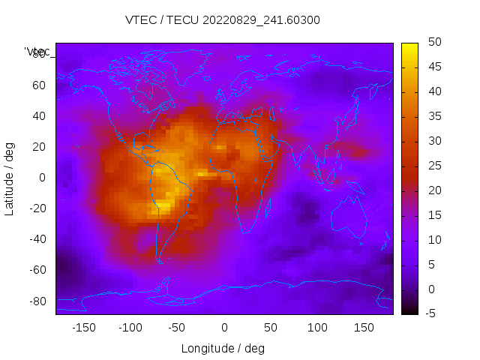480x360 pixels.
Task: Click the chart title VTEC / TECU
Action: (x=223, y=20)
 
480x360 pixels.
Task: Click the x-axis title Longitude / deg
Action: (x=223, y=349)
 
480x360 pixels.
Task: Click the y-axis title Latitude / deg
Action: (x=10, y=178)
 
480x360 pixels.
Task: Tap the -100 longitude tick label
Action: (x=130, y=328)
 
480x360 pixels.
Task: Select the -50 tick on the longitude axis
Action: (x=177, y=328)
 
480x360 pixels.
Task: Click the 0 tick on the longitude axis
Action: (x=223, y=328)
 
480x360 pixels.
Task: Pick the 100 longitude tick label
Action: (x=317, y=328)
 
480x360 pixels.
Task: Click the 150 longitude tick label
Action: (x=364, y=328)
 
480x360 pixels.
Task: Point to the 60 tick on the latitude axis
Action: (x=39, y=85)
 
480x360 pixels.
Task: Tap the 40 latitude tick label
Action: (x=39, y=115)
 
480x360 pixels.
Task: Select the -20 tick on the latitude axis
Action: (x=37, y=208)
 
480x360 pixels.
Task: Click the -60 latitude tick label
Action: (x=37, y=270)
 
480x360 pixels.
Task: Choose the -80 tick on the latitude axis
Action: (x=37, y=301)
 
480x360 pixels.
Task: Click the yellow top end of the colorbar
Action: (x=409, y=46)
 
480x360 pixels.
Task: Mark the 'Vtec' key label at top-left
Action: (x=37, y=52)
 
